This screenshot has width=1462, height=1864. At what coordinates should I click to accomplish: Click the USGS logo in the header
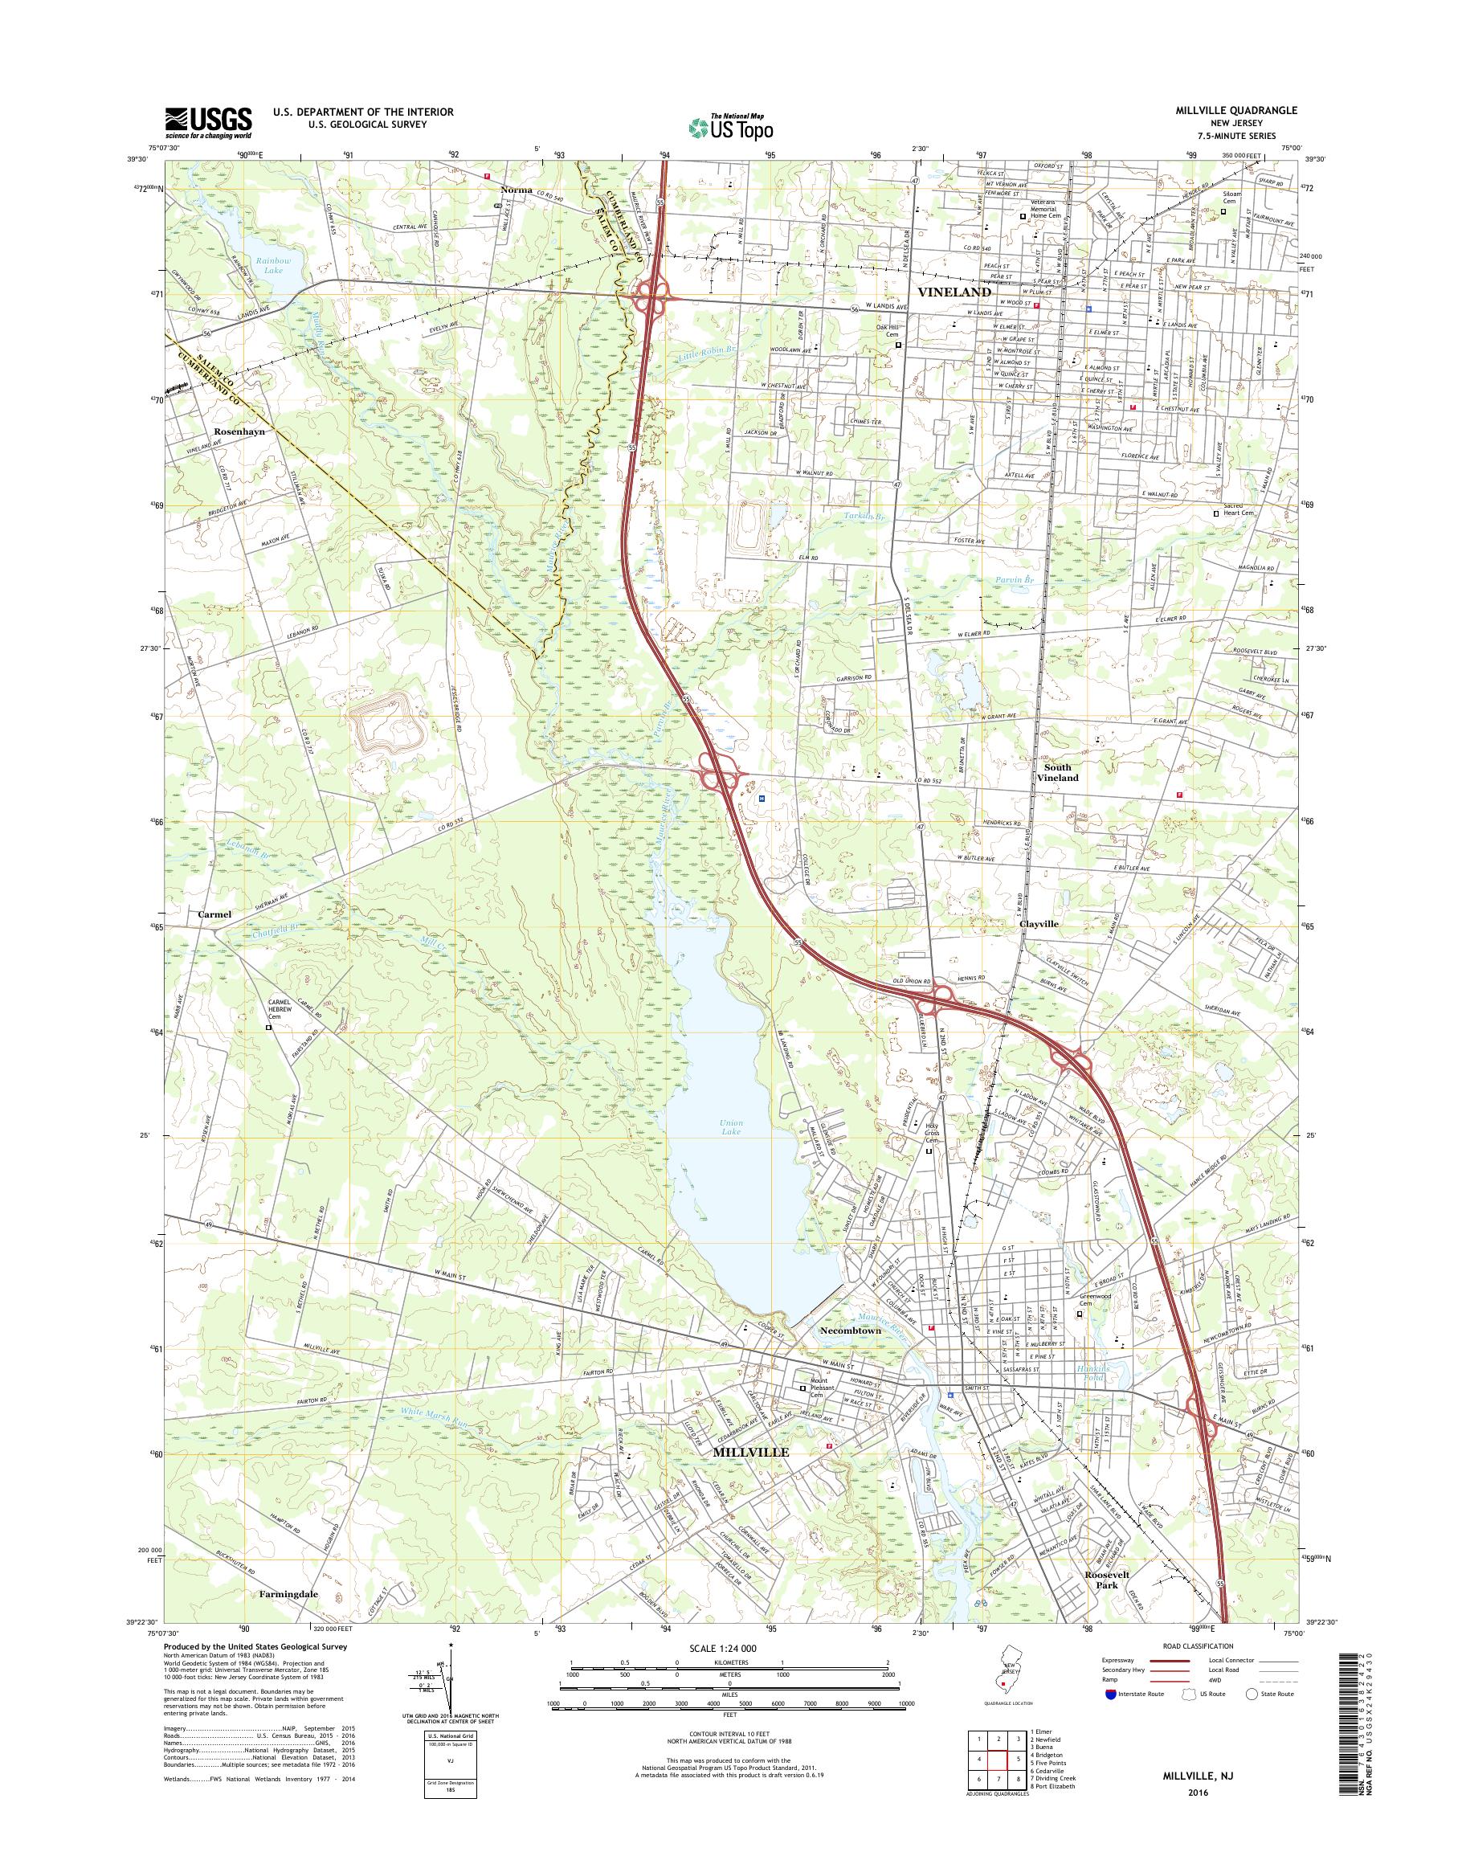pos(208,121)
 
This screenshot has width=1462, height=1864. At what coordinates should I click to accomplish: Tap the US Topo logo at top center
pos(730,128)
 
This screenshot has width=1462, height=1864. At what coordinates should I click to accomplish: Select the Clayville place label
pos(1039,925)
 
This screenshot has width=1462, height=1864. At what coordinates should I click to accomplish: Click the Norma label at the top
pos(518,190)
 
